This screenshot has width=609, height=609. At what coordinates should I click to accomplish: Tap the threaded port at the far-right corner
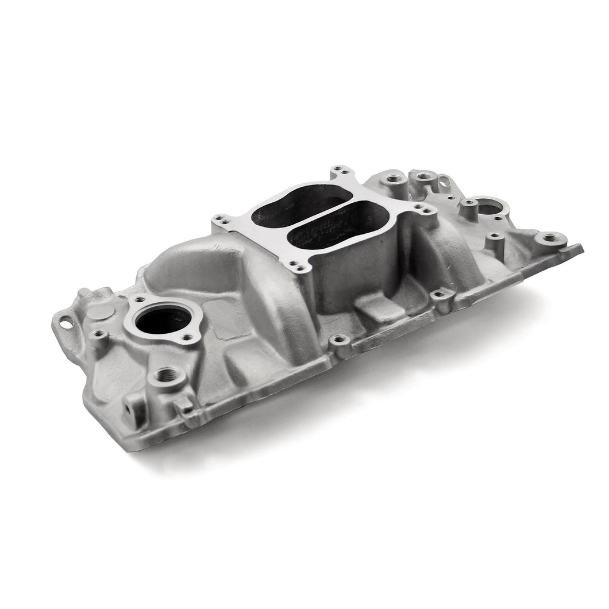point(548,237)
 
